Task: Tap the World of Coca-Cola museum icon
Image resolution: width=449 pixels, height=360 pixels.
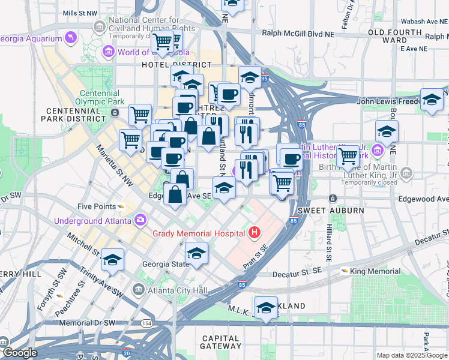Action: click(109, 52)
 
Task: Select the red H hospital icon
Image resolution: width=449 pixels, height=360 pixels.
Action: click(255, 232)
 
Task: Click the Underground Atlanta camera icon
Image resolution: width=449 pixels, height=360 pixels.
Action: click(140, 220)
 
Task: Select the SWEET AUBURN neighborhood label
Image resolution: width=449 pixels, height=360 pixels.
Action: click(331, 211)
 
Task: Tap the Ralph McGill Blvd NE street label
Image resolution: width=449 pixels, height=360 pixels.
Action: click(289, 34)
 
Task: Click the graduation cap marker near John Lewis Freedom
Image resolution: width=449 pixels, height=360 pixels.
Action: click(432, 100)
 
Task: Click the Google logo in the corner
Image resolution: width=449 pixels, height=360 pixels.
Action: click(20, 353)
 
